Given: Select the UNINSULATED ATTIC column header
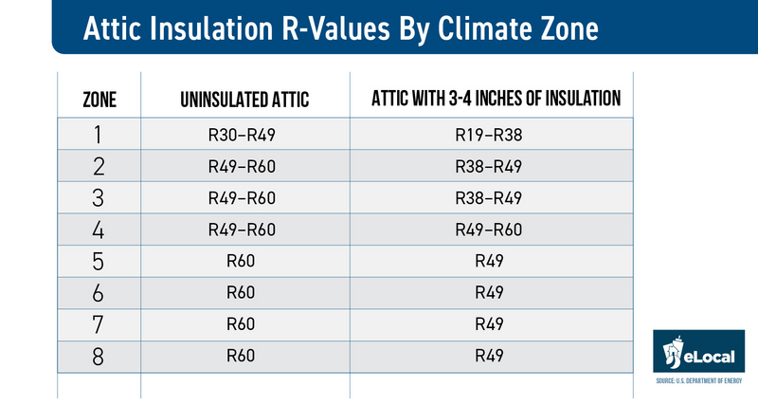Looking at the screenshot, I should point(245,99).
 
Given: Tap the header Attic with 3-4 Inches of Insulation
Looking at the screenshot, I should point(489,98).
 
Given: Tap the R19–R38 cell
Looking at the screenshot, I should point(489,135).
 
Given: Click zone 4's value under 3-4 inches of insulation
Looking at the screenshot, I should point(489,229).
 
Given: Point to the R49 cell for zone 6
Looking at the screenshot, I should point(489,292).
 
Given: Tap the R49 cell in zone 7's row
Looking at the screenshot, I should point(489,324).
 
